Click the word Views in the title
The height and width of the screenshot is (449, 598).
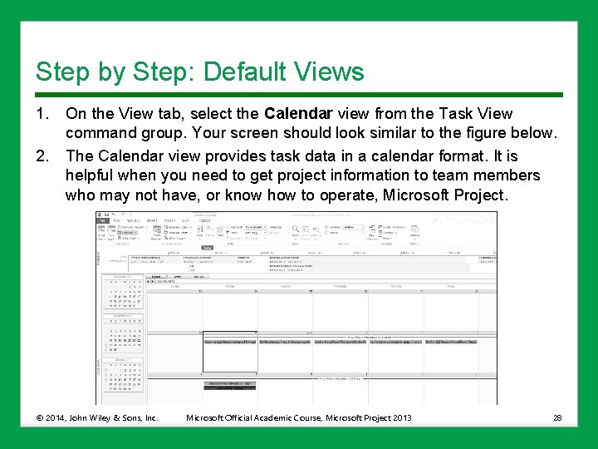(x=330, y=72)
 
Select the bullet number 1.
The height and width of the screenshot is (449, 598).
(x=41, y=114)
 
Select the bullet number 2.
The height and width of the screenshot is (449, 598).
(x=41, y=155)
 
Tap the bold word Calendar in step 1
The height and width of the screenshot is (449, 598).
(x=298, y=114)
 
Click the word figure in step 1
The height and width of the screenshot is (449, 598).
(x=488, y=133)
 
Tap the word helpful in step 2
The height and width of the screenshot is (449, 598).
(x=91, y=175)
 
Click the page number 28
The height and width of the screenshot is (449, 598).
(x=556, y=417)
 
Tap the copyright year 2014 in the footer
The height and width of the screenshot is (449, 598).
(x=57, y=417)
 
